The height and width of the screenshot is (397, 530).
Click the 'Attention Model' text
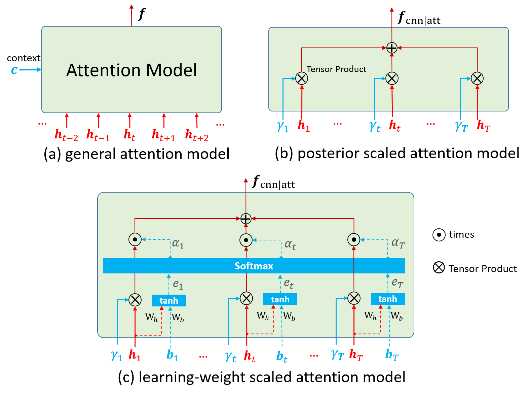(131, 70)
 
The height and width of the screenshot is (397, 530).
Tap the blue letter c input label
(14, 70)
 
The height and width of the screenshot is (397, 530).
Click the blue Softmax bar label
(254, 266)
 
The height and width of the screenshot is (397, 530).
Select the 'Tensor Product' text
(336, 69)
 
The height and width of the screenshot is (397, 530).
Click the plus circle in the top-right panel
(392, 48)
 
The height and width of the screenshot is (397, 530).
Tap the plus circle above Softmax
(246, 219)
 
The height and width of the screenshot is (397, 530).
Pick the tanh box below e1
(169, 300)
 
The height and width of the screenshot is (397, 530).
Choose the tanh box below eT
(387, 299)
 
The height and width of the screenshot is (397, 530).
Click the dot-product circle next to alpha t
(246, 240)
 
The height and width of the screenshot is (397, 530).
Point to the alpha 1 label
(178, 244)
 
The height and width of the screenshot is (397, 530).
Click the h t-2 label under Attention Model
(66, 135)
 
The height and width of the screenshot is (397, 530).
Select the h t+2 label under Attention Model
(197, 135)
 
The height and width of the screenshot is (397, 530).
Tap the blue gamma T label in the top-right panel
(461, 127)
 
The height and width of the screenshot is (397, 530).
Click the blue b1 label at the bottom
(172, 355)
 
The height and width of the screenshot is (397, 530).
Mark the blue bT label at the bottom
(392, 355)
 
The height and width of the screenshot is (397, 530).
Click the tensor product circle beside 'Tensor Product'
(302, 78)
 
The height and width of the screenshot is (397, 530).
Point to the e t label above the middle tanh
(289, 284)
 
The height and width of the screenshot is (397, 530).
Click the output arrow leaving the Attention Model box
(131, 15)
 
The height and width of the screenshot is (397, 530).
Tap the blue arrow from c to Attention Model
(30, 70)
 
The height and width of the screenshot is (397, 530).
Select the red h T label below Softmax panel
(356, 355)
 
